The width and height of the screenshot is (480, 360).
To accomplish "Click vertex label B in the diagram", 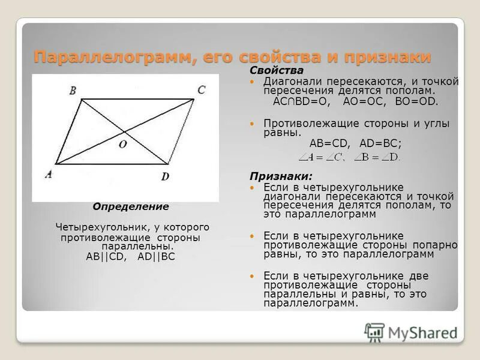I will tap(73, 91).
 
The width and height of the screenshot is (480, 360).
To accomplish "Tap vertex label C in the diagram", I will tap(201, 89).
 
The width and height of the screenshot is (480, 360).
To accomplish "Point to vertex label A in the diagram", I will tap(49, 175).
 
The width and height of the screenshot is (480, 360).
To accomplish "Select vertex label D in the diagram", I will tap(165, 176).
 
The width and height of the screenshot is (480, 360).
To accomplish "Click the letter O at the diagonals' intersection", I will tap(122, 145).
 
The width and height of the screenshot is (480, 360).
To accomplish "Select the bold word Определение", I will tap(131, 206).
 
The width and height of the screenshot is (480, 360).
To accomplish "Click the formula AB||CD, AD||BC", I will tap(131, 256).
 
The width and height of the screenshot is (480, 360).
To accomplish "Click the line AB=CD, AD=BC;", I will tap(355, 143).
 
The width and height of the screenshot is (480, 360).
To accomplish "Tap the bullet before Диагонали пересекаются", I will tap(252, 81).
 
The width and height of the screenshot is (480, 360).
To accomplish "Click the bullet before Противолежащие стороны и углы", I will tap(252, 122).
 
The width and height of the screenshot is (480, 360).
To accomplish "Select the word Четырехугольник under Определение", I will tap(94, 227).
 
